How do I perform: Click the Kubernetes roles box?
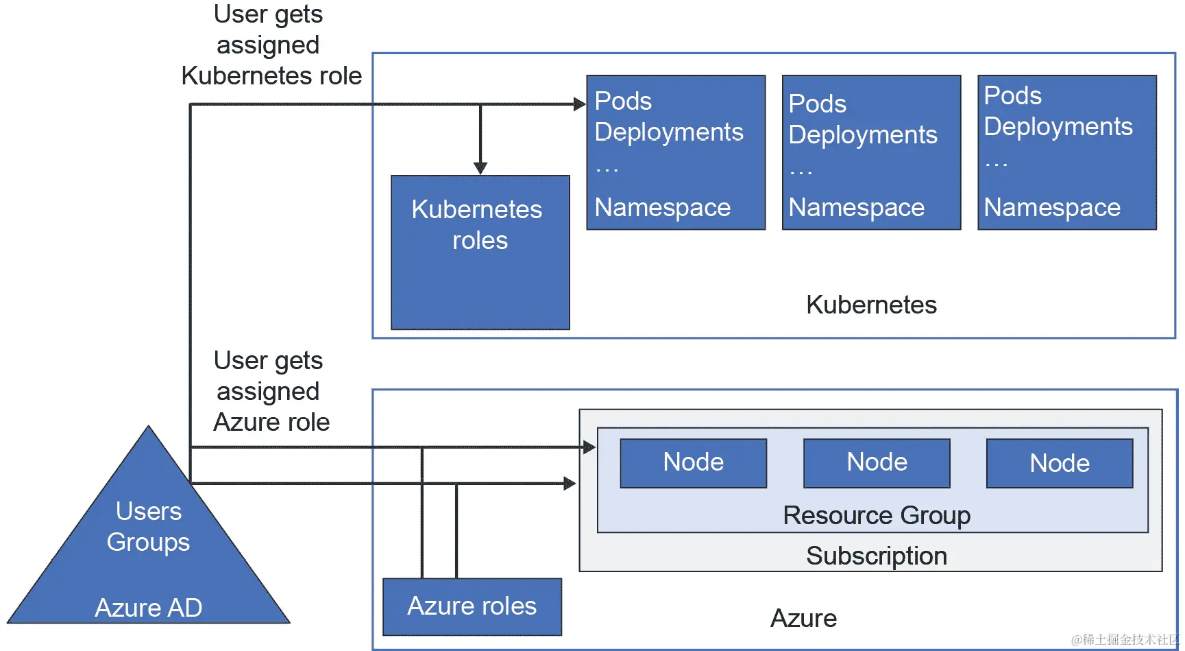click(480, 252)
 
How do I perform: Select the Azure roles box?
click(472, 606)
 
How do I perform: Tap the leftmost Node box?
click(693, 463)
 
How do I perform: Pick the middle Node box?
click(877, 463)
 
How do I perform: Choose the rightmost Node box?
click(1059, 464)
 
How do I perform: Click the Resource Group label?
click(877, 515)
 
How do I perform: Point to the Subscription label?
click(877, 556)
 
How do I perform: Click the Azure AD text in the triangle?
click(148, 608)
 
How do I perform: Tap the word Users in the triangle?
click(148, 511)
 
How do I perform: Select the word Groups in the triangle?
click(148, 542)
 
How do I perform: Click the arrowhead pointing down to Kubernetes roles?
click(480, 167)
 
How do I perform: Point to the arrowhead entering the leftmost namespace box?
click(580, 104)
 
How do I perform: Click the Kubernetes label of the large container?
click(871, 305)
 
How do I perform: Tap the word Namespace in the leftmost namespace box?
click(662, 207)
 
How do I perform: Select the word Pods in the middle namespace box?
click(817, 104)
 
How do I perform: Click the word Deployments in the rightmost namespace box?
click(1058, 127)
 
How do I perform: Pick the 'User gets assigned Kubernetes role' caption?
click(271, 45)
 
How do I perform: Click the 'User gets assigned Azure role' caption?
click(271, 391)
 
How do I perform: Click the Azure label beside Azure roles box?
click(803, 618)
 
